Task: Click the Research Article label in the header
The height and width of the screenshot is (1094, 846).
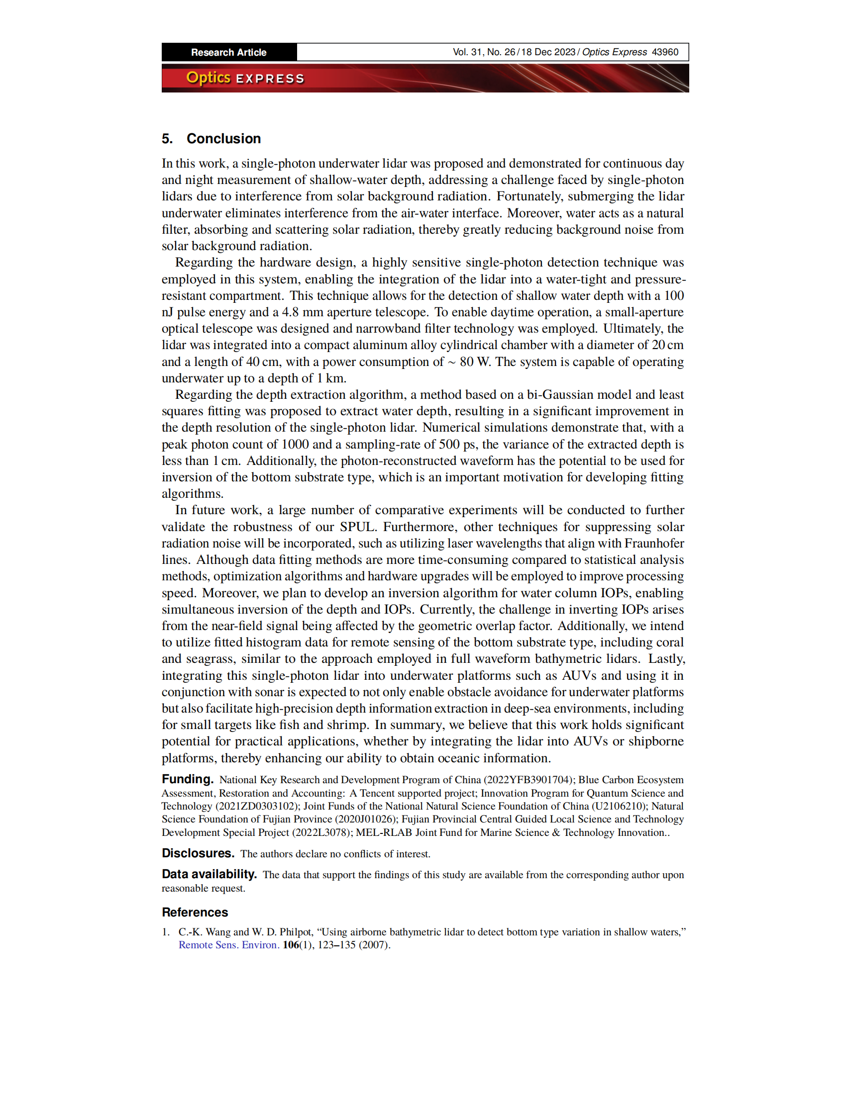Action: tap(228, 52)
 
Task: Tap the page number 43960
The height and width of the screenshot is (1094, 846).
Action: tap(664, 52)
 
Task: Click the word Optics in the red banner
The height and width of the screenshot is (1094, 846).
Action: tap(208, 78)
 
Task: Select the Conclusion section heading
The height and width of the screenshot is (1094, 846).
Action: tap(223, 139)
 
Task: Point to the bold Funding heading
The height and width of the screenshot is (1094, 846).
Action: tap(188, 779)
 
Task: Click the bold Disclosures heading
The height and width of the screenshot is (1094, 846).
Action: tap(198, 853)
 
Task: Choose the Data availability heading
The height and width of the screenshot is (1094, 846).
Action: tap(209, 874)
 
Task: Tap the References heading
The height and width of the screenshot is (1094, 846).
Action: tap(195, 912)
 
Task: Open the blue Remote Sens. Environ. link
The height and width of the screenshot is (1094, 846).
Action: tap(228, 945)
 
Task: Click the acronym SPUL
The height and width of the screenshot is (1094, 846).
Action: tap(357, 527)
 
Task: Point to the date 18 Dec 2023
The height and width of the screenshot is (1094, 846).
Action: tap(548, 52)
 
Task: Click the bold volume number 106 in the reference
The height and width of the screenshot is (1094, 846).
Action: tap(291, 945)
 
